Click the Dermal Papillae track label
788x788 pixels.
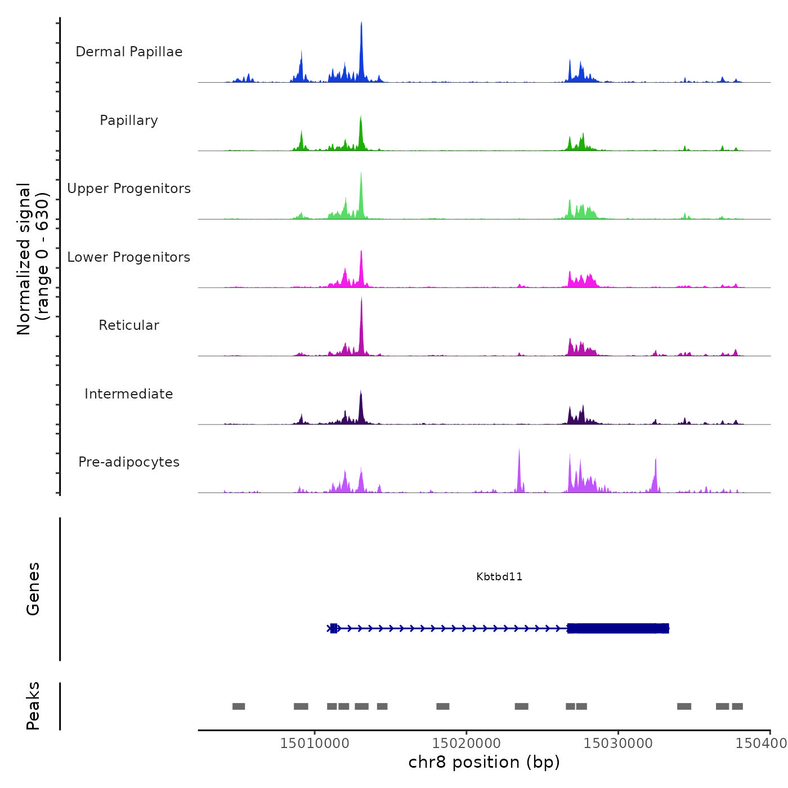pos(129,52)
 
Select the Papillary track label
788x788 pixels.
pos(129,120)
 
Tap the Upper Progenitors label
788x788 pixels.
pos(129,189)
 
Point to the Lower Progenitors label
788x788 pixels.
pos(129,257)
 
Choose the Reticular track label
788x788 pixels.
pos(129,325)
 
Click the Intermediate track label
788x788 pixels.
pos(129,394)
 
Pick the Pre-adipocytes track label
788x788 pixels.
pos(129,462)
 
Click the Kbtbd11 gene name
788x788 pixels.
pos(499,577)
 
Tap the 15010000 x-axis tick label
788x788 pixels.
pos(315,744)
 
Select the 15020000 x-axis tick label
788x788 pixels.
pos(467,744)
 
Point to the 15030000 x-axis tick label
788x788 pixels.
pos(618,744)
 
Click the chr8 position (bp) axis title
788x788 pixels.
pos(484,762)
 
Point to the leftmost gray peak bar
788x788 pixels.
pos(239,706)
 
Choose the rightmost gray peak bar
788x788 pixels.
pos(737,706)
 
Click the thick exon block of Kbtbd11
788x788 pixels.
pos(618,628)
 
